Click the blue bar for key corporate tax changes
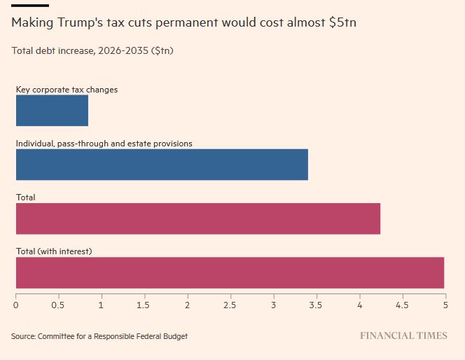(52, 111)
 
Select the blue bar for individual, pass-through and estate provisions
(162, 165)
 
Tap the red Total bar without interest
(197, 219)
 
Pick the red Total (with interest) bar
(230, 272)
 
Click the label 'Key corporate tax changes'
(67, 90)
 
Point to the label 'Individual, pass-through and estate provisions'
(104, 144)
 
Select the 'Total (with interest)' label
(54, 251)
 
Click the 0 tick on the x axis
(16, 305)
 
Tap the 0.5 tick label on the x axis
(58, 305)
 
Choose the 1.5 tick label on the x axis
(144, 305)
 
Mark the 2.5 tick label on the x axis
(230, 305)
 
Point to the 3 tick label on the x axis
(274, 305)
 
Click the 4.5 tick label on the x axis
(402, 305)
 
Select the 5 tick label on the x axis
(445, 305)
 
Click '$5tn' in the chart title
(342, 23)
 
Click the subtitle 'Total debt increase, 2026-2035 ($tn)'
(92, 50)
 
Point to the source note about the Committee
(99, 336)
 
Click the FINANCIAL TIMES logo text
(403, 336)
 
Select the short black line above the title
(29, 6)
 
